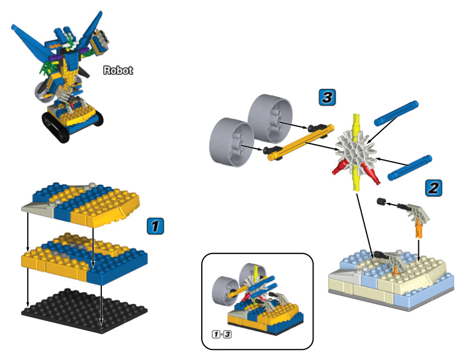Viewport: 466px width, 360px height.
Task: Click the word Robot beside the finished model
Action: point(118,71)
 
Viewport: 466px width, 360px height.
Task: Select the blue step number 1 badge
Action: point(155,226)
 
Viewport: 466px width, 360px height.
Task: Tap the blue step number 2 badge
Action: point(432,188)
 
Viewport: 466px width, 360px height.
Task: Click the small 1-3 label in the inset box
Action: point(221,335)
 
